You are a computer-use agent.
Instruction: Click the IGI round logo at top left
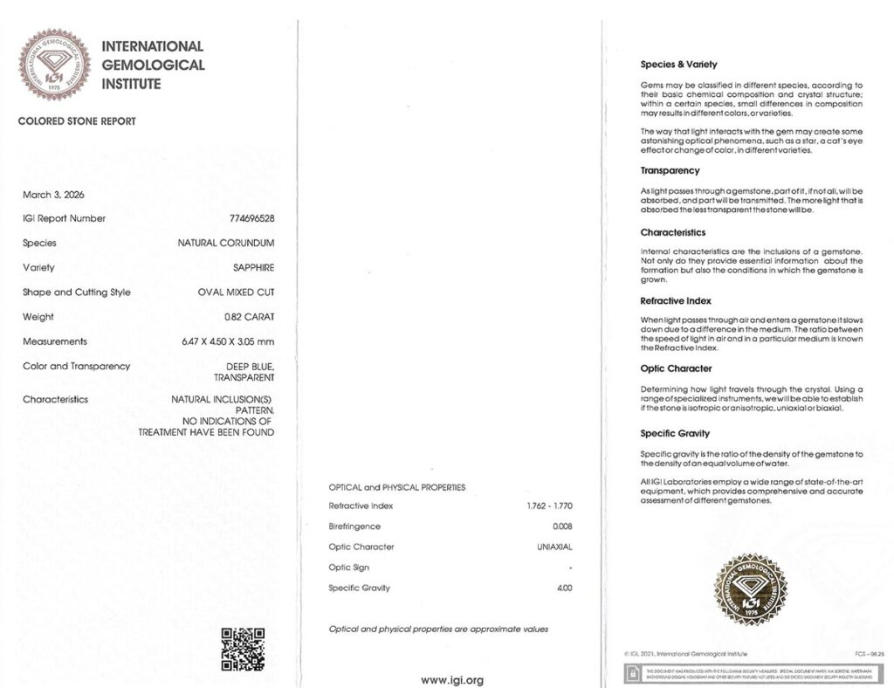coord(54,65)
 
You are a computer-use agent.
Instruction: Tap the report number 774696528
coord(251,218)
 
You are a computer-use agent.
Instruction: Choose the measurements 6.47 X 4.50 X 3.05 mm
coord(228,341)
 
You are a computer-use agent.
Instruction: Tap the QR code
coord(243,649)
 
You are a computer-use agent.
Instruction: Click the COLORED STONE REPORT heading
coord(77,121)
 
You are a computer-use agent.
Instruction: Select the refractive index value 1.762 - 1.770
coord(550,506)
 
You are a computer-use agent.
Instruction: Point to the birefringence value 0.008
coord(562,526)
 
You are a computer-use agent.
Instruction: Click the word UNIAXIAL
coord(554,547)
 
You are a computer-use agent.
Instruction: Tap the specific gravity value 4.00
coord(564,588)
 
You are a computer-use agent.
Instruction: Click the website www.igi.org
coord(452,680)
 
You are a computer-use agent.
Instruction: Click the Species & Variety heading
coord(678,65)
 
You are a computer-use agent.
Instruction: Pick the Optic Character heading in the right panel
coord(676,368)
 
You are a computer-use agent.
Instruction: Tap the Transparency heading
coord(670,171)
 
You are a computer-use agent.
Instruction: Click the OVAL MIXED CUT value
coord(236,292)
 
